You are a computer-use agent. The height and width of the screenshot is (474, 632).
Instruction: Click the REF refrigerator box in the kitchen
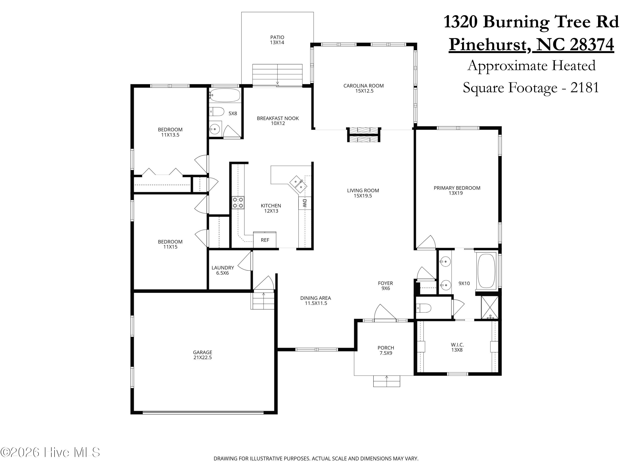point(265,240)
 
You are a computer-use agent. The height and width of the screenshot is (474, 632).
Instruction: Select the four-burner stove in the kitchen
point(238,203)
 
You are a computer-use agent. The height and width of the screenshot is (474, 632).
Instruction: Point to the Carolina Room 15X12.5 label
point(363,88)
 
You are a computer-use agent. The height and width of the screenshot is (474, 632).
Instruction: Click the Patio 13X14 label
point(277,40)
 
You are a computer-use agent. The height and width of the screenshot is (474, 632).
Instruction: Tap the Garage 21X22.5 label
point(202,355)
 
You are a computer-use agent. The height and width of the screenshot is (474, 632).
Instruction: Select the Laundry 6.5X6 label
point(223,270)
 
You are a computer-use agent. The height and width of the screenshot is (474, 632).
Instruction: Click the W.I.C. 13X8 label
point(457,347)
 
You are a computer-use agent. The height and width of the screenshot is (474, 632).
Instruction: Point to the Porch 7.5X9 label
point(386,350)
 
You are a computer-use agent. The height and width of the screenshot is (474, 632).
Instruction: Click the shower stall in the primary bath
point(490,307)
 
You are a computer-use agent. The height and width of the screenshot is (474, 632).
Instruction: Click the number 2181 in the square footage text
point(585,87)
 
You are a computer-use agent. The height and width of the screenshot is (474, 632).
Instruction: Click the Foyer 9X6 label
point(386,286)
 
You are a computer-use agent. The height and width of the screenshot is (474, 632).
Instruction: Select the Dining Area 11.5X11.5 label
point(315,301)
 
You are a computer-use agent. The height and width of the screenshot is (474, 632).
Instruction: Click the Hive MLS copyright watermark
point(50,452)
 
